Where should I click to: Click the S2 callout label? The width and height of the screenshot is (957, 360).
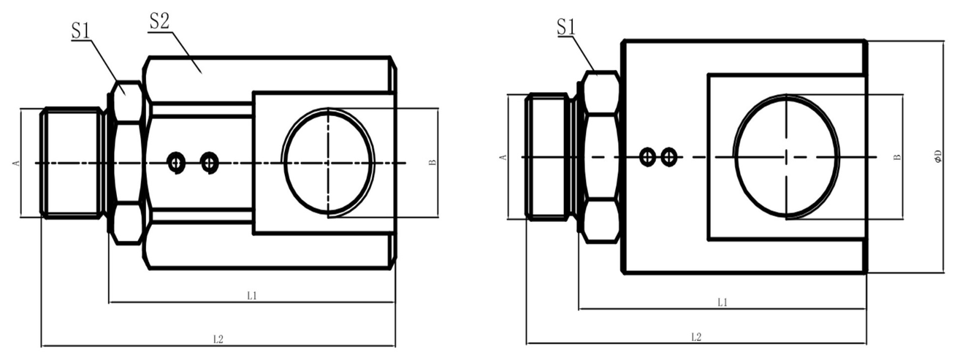[159, 21]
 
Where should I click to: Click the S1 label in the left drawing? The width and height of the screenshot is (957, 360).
[81, 31]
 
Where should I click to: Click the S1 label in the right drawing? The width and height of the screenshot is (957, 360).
[566, 27]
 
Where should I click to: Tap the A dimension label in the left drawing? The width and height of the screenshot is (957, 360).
[17, 163]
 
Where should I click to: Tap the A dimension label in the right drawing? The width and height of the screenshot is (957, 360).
[503, 158]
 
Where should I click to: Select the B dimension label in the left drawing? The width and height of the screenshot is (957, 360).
[432, 163]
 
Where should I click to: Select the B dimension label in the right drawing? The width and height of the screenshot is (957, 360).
[897, 157]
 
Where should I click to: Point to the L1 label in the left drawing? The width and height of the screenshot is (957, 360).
[252, 296]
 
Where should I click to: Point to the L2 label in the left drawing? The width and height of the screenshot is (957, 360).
[218, 340]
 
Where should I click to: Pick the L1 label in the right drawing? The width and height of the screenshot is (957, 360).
[722, 302]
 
